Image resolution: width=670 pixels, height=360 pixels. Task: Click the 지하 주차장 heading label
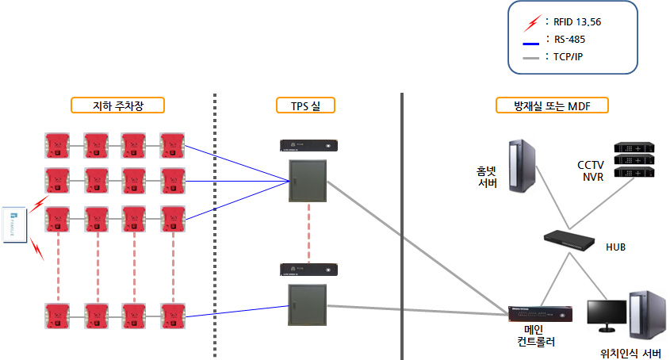coord(117,105)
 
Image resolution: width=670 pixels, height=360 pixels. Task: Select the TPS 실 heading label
coord(306,105)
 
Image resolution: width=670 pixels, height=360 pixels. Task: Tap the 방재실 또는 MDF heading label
coord(541,105)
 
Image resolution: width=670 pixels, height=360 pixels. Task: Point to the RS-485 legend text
coord(570,37)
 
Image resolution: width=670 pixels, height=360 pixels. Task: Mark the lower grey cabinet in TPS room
coord(308,305)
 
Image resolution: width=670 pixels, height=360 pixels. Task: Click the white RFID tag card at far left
coord(13,226)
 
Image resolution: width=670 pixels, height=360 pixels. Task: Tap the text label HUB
coord(615,247)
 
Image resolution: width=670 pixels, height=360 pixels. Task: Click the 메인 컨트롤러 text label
coord(533,335)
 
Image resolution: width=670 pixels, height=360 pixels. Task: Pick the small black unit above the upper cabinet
coord(308,145)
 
